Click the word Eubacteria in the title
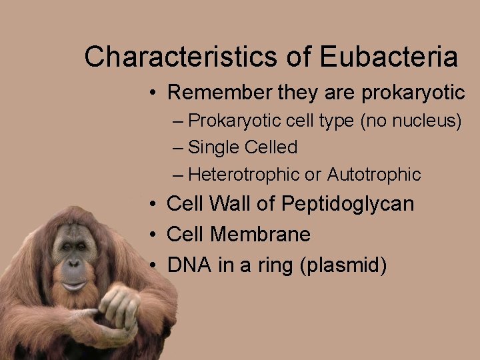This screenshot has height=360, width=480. [x=389, y=57]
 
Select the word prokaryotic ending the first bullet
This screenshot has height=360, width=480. [x=413, y=93]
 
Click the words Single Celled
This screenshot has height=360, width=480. [x=243, y=147]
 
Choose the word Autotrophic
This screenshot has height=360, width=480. [x=374, y=175]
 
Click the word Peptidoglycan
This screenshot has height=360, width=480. [x=347, y=204]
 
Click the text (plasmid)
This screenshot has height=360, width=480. [x=343, y=265]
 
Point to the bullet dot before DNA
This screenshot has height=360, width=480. [x=153, y=266]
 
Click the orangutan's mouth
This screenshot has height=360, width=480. [x=74, y=285]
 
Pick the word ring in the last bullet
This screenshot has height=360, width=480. [x=274, y=266]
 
